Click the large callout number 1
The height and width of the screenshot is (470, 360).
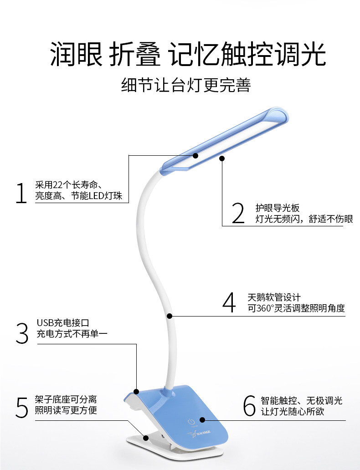click(x=21, y=193)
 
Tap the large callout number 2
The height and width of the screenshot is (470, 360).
click(x=238, y=214)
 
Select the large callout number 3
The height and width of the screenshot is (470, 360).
click(x=21, y=333)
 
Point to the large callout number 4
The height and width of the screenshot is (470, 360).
click(x=229, y=302)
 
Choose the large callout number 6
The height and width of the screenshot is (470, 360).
click(x=249, y=405)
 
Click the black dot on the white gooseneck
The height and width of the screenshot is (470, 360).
click(x=170, y=315)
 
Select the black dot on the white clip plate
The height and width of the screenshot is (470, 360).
click(x=146, y=438)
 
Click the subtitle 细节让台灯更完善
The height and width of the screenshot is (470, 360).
click(x=186, y=85)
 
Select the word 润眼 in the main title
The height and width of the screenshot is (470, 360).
click(x=76, y=55)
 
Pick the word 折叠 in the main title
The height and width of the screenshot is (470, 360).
click(x=135, y=55)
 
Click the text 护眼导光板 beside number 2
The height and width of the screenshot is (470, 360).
click(x=277, y=208)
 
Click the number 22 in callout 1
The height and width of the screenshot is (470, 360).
click(x=58, y=185)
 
